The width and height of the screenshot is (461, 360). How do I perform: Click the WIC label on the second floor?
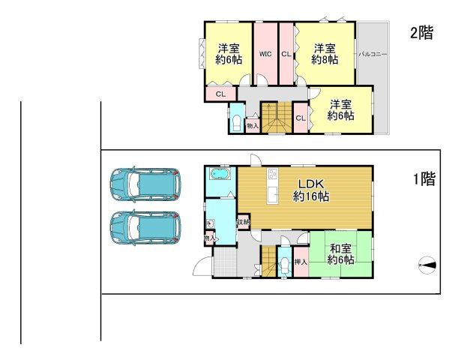pos(265,54)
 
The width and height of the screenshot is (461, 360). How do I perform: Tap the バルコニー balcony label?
pos(373,55)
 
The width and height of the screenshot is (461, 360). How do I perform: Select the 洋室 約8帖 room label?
pos(325,54)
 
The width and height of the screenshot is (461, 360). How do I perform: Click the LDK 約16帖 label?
pos(311,190)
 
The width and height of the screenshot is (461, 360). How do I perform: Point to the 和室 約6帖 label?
pos(340,254)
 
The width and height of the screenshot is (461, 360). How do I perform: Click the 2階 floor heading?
pos(422,33)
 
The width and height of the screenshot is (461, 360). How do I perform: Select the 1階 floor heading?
pos(424,178)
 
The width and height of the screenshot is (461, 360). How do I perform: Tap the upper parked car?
pos(145,184)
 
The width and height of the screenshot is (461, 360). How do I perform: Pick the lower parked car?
pos(145,228)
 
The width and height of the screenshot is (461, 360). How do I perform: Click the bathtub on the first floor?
pos(220,174)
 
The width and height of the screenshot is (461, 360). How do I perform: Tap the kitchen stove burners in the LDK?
pos(272,173)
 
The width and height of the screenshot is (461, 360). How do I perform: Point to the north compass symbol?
pos(427,265)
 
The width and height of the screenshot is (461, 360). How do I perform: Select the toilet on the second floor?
pos(237,124)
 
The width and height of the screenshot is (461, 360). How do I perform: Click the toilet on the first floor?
pos(285,265)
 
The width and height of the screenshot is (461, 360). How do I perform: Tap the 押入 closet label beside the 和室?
pos(301,262)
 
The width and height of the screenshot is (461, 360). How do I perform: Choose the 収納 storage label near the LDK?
pos(244,222)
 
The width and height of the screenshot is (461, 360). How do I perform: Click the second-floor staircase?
pos(277,118)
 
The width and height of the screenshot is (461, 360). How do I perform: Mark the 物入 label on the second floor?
pos(253,126)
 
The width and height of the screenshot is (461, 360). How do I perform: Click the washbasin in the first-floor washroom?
pos(210,223)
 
